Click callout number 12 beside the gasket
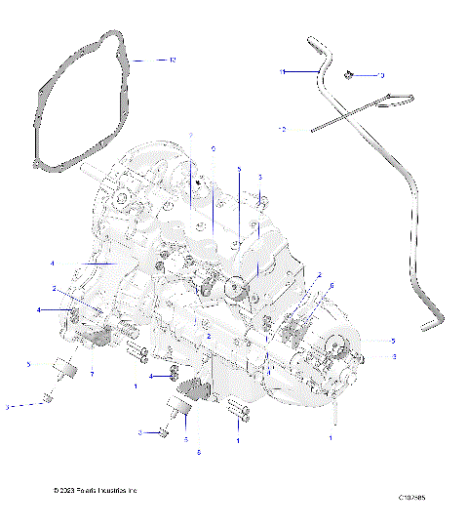[x=173, y=61]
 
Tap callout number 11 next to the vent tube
[x=282, y=72]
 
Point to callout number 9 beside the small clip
[x=381, y=74]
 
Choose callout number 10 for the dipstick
[x=282, y=128]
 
